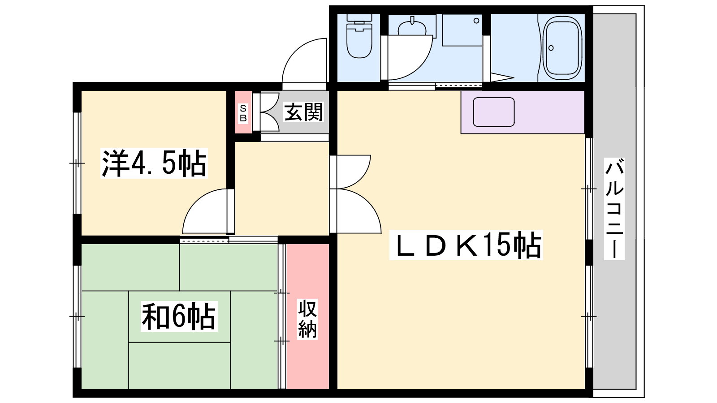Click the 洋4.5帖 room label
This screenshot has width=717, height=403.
pyautogui.click(x=154, y=163)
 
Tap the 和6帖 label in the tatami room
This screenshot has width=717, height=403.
pyautogui.click(x=179, y=316)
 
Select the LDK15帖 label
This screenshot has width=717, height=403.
pyautogui.click(x=466, y=244)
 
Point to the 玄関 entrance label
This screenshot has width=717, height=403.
pyautogui.click(x=303, y=112)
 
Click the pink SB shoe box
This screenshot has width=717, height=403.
pyautogui.click(x=243, y=112)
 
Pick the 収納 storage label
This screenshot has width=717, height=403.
pyautogui.click(x=307, y=319)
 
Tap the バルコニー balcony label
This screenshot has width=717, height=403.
pyautogui.click(x=614, y=209)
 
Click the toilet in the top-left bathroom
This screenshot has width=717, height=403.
pyautogui.click(x=359, y=36)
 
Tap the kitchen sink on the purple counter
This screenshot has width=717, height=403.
pyautogui.click(x=494, y=112)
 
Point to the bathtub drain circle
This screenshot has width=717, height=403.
pyautogui.click(x=551, y=48)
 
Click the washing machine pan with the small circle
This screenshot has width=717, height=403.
pyautogui.click(x=462, y=30)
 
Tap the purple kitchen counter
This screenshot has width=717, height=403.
pyautogui.click(x=523, y=112)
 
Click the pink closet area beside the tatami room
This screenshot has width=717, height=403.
pyautogui.click(x=307, y=316)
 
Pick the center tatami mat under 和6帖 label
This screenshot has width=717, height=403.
pyautogui.click(x=180, y=316)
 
